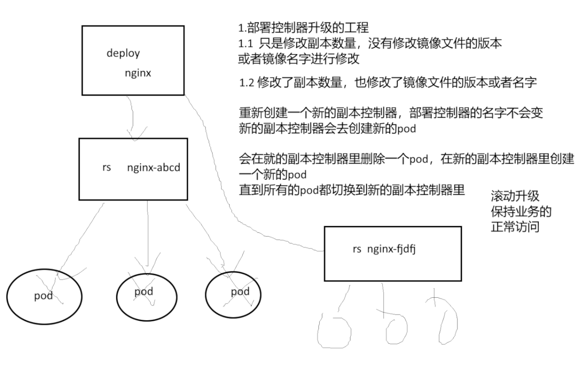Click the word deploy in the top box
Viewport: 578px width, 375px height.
(x=123, y=53)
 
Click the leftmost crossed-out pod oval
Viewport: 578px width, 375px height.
(x=44, y=296)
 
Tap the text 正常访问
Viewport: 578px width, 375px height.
(x=514, y=227)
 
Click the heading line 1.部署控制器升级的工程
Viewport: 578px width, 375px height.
(x=303, y=28)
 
